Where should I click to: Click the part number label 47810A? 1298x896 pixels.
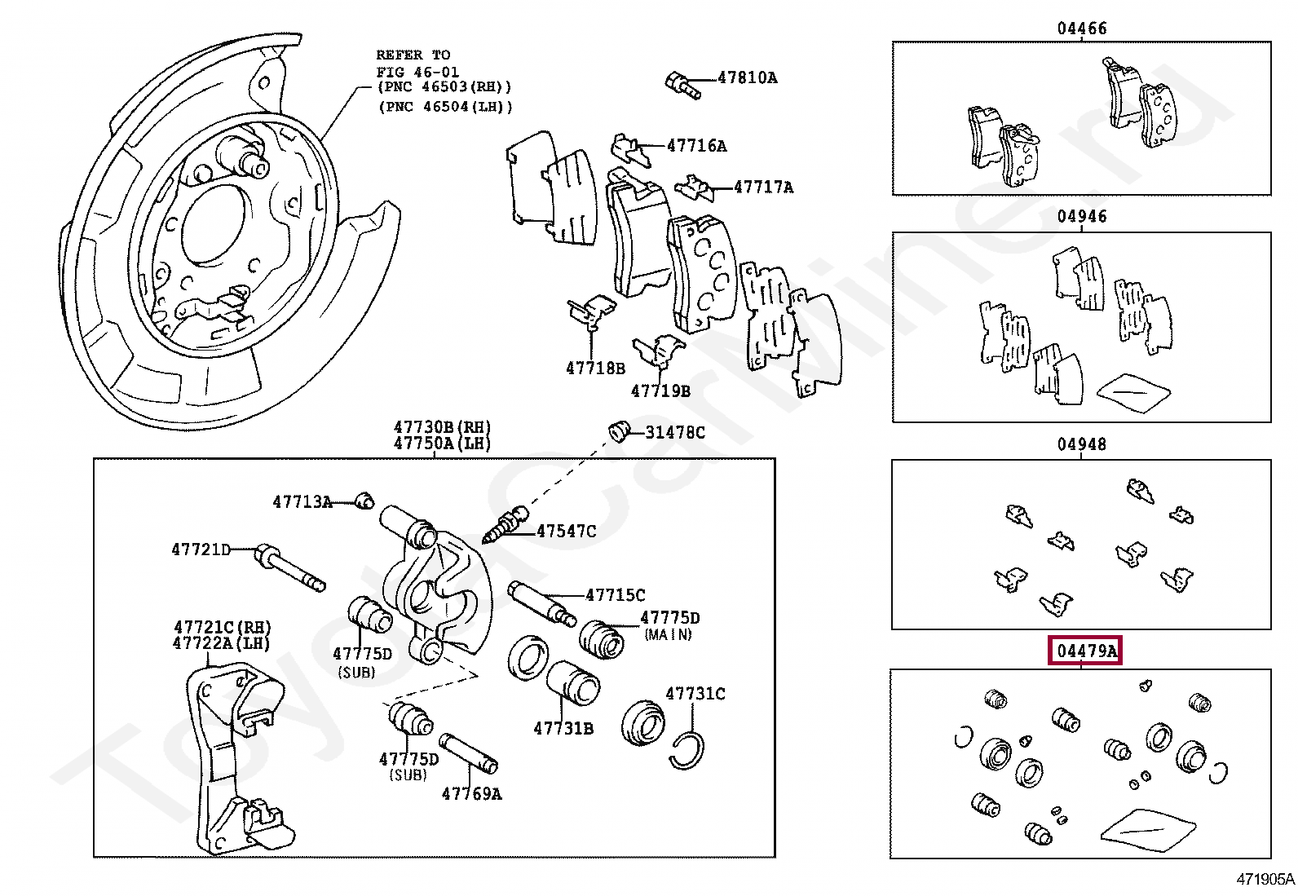[x=747, y=78]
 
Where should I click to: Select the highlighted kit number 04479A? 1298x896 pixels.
[x=1085, y=651]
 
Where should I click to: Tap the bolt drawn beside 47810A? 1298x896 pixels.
[x=682, y=86]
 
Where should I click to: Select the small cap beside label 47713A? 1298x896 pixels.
[x=365, y=501]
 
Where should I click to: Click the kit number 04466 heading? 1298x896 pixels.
[x=1082, y=29]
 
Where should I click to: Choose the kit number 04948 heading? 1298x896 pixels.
[x=1082, y=444]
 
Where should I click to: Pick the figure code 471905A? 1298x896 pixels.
[x=1265, y=879]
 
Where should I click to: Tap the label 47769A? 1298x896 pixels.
[x=471, y=793]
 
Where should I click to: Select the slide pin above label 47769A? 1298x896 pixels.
[x=469, y=753]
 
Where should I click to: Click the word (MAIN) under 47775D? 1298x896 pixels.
[x=668, y=634]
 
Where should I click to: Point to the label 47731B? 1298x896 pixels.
[x=563, y=728]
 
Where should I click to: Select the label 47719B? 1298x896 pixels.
[x=660, y=391]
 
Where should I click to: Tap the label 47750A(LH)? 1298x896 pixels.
[x=443, y=444]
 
